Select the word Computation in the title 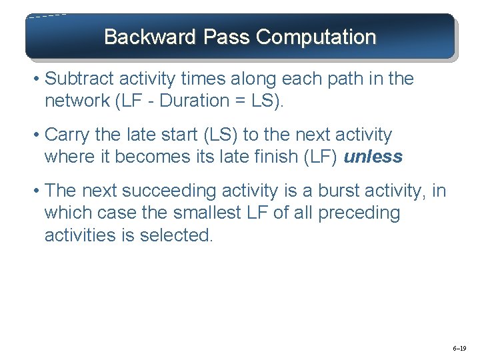coord(316,37)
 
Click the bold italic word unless coord(373,157)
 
